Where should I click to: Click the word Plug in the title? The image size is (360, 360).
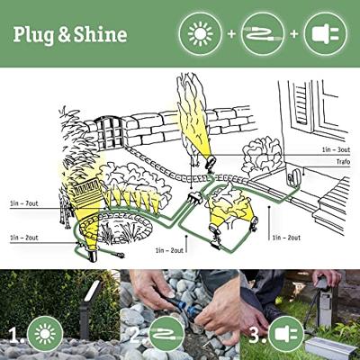point(33,34)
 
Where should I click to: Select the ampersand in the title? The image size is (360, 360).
point(64,34)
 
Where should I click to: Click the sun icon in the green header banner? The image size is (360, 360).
point(200,33)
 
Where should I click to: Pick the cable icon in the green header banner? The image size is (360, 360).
point(263,33)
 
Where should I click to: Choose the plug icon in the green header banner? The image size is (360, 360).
point(325,33)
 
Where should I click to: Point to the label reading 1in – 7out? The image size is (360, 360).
point(24,203)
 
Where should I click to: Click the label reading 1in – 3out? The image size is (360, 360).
point(336,149)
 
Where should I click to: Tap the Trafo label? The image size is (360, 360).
point(343,162)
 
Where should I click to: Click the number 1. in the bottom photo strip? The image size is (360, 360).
point(16,335)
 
